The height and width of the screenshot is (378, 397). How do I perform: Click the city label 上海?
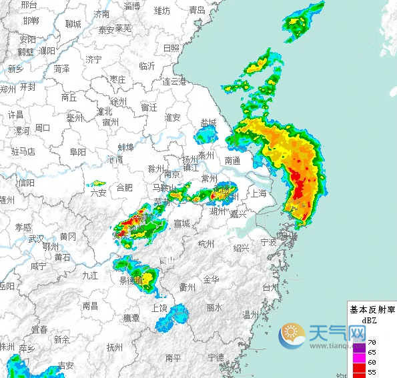[258, 194]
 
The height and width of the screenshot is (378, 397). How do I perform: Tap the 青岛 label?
[197, 10]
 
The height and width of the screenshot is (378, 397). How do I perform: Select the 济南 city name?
[101, 14]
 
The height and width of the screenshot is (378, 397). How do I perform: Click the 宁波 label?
[268, 241]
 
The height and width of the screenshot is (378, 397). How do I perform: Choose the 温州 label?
[250, 315]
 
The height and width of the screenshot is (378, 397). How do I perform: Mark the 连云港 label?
[174, 81]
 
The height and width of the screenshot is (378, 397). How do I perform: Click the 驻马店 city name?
[23, 152]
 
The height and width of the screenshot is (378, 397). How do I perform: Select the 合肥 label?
[124, 188]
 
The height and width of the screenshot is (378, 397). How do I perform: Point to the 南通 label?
[232, 160]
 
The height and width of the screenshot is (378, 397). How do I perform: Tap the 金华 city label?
[211, 279]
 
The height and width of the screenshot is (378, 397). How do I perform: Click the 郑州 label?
[7, 89]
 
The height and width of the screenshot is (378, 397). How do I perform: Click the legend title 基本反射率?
[372, 310]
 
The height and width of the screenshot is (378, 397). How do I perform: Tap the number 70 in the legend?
[372, 341]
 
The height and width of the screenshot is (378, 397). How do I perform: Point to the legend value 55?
[372, 372]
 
